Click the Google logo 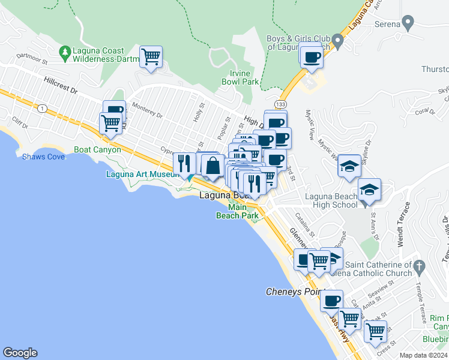pyautogui.click(x=20, y=353)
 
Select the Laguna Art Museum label pyautogui.click(x=142, y=175)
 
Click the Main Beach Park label pyautogui.click(x=237, y=211)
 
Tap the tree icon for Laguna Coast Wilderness pyautogui.click(x=65, y=54)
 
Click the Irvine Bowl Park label pyautogui.click(x=240, y=77)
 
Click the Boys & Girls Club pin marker pyautogui.click(x=338, y=42)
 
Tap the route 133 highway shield pyautogui.click(x=281, y=105)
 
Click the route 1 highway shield pyautogui.click(x=42, y=108)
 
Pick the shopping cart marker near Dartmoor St pyautogui.click(x=151, y=58)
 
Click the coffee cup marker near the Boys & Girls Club pyautogui.click(x=311, y=57)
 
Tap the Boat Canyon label pyautogui.click(x=97, y=149)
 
